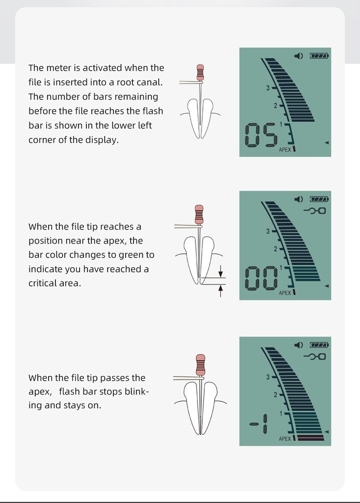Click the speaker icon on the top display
(299, 56)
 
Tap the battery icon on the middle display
(319, 199)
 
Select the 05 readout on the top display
(261, 135)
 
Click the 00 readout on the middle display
(261, 279)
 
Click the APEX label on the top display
(285, 150)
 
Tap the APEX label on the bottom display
(285, 439)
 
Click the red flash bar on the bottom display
(310, 438)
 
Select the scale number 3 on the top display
(268, 87)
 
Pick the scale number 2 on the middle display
(276, 249)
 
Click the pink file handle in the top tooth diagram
(200, 73)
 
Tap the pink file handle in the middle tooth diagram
(199, 214)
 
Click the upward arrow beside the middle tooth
(221, 291)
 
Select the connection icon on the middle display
(315, 211)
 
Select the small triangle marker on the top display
(327, 142)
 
